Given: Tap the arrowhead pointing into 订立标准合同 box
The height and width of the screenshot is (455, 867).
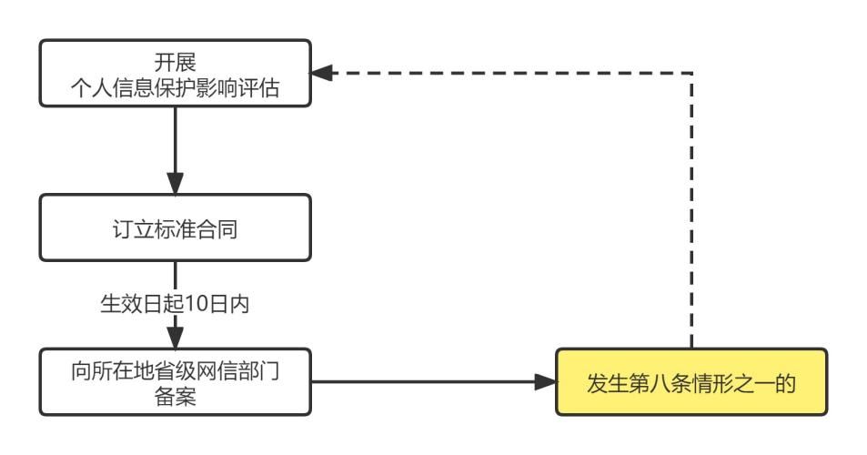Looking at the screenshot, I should click(x=174, y=184).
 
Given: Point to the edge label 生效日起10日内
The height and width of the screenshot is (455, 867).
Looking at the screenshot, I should click(x=174, y=303).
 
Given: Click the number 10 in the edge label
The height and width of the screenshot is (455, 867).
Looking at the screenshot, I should click(x=194, y=303).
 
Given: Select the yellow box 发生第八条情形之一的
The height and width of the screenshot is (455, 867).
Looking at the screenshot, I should click(x=691, y=383).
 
